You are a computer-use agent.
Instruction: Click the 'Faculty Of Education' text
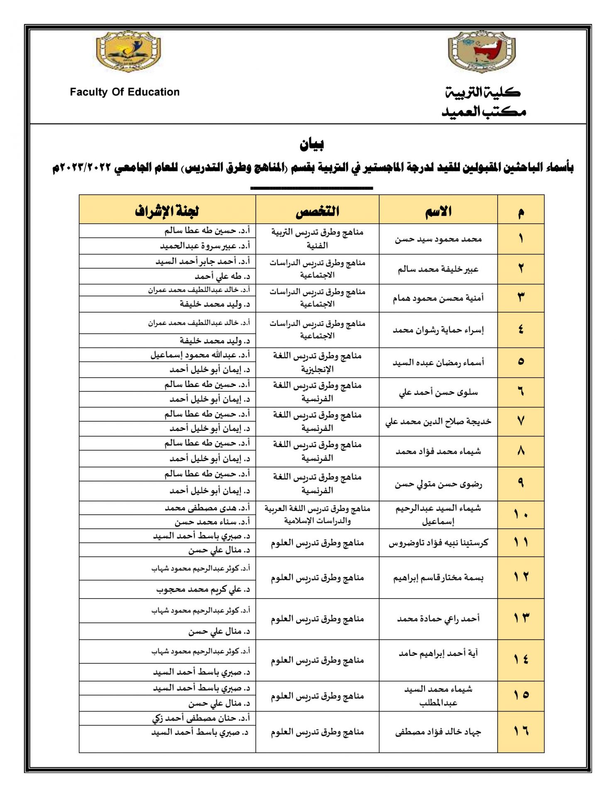click(125, 92)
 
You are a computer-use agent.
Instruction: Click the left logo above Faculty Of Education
click(128, 51)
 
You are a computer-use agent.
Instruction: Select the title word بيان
click(311, 144)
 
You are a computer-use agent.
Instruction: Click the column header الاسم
click(438, 211)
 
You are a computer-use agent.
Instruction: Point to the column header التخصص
click(317, 211)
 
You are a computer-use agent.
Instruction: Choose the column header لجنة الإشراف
click(167, 211)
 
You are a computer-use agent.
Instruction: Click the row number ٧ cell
click(521, 421)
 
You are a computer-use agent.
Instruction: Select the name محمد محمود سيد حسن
click(438, 239)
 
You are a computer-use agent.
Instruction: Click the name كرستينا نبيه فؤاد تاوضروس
click(438, 543)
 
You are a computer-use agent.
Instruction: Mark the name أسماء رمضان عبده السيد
click(438, 363)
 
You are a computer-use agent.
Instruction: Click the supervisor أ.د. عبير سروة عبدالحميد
click(205, 246)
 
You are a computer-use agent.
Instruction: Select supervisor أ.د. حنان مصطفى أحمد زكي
click(201, 718)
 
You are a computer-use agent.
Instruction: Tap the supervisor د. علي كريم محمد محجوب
click(203, 589)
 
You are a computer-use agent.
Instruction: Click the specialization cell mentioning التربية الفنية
click(317, 239)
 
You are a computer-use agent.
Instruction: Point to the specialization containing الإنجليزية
click(317, 362)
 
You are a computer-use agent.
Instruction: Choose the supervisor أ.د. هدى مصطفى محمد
click(207, 508)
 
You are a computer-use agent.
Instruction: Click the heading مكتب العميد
click(484, 111)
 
